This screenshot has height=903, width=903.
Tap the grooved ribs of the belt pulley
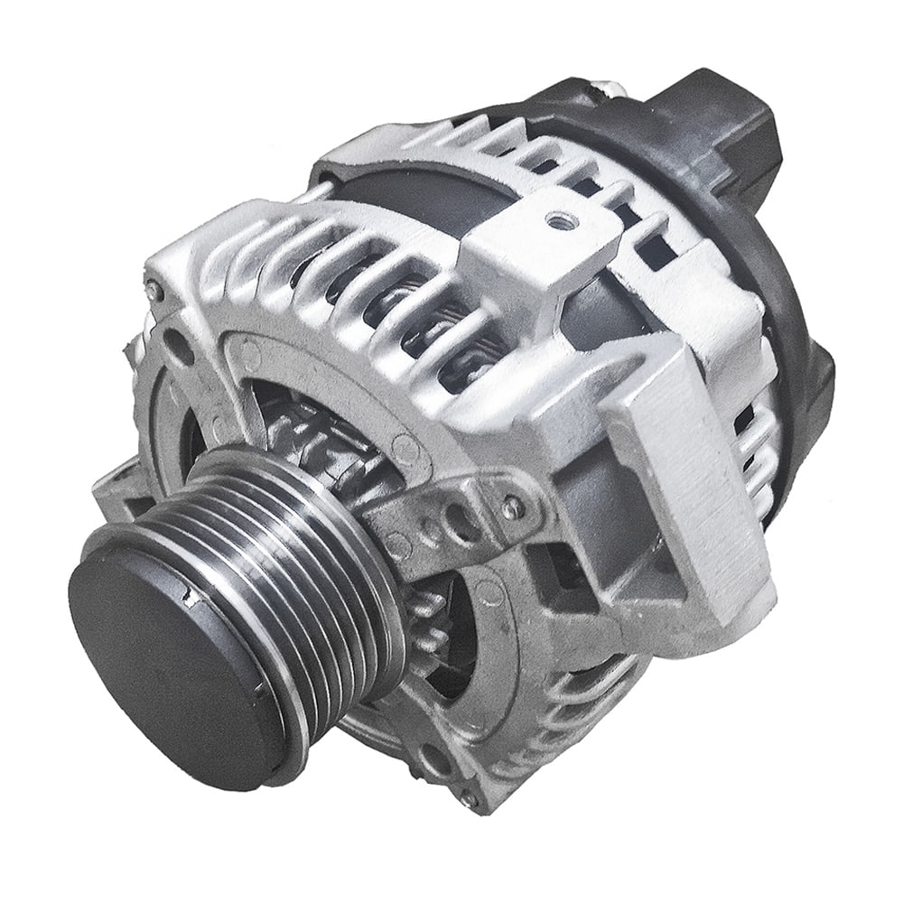tap(298, 560)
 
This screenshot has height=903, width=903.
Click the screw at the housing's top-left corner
tap(155, 292)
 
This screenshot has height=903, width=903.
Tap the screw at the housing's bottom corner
tap(469, 799)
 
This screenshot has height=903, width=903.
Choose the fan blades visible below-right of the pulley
tap(433, 623)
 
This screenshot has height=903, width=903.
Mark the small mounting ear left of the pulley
tap(117, 479)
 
